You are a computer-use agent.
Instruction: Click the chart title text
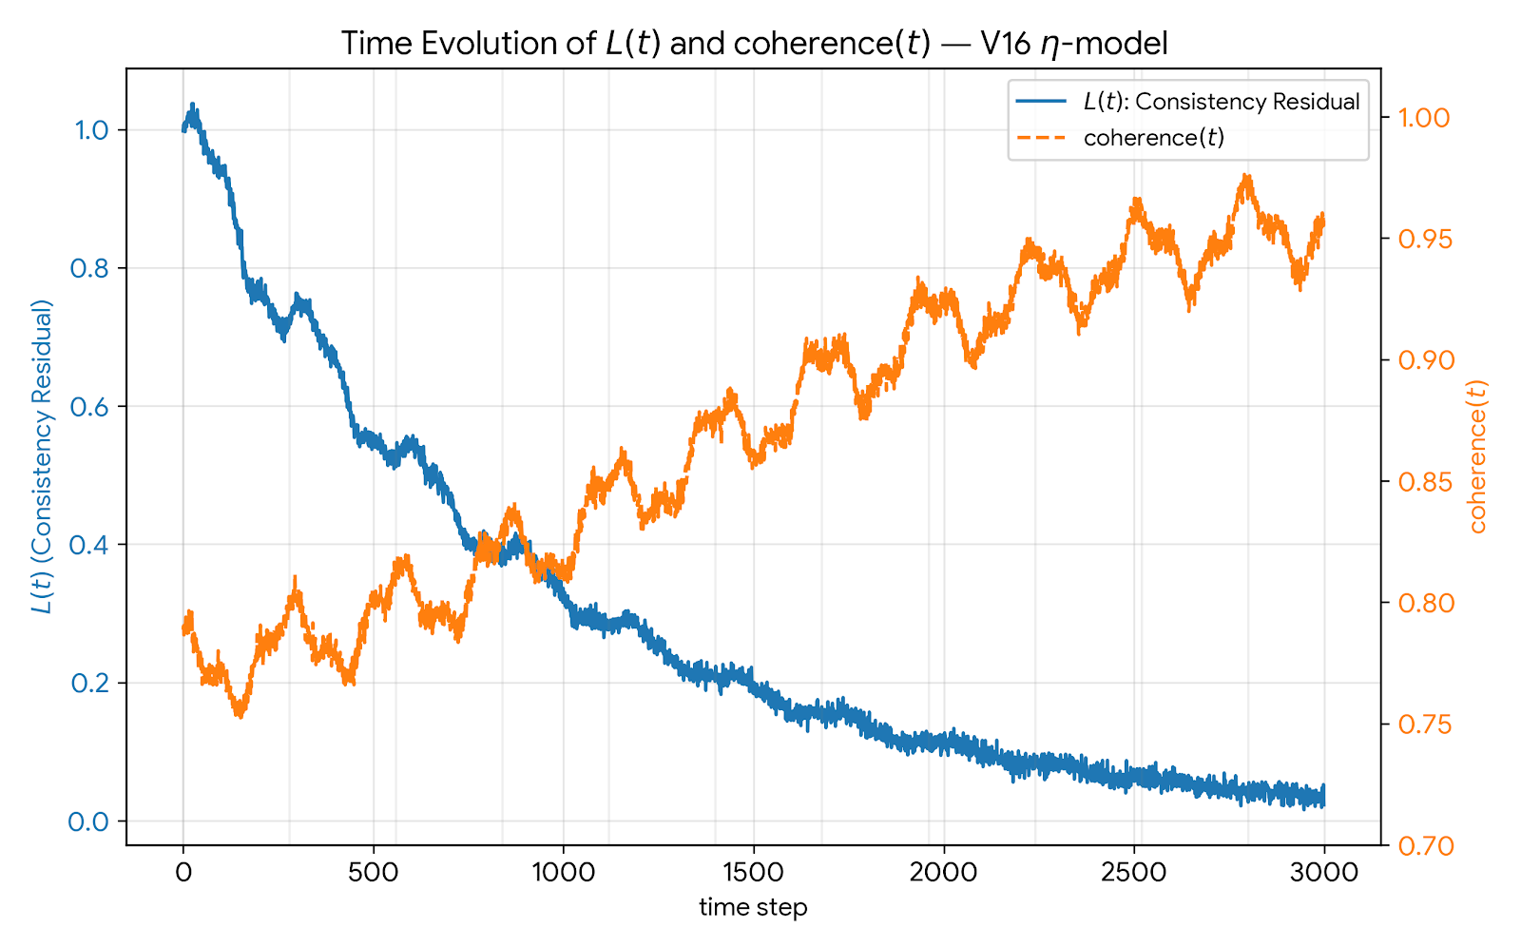pyautogui.click(x=754, y=44)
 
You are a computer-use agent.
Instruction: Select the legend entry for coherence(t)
pyautogui.click(x=1153, y=138)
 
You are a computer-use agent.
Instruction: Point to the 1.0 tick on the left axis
pyautogui.click(x=92, y=130)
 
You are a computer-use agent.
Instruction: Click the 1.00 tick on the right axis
pyautogui.click(x=1423, y=118)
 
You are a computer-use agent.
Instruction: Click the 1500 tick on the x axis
pyautogui.click(x=753, y=872)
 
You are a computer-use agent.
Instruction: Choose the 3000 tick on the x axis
pyautogui.click(x=1323, y=872)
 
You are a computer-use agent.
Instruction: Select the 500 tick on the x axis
pyautogui.click(x=373, y=872)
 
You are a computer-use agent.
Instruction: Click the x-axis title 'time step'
pyautogui.click(x=753, y=907)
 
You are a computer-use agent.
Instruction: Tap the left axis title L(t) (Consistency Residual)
pyautogui.click(x=43, y=456)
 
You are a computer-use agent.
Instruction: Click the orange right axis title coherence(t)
pyautogui.click(x=1477, y=456)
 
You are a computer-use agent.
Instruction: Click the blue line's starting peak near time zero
pyautogui.click(x=192, y=106)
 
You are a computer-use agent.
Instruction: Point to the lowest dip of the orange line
pyautogui.click(x=241, y=715)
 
